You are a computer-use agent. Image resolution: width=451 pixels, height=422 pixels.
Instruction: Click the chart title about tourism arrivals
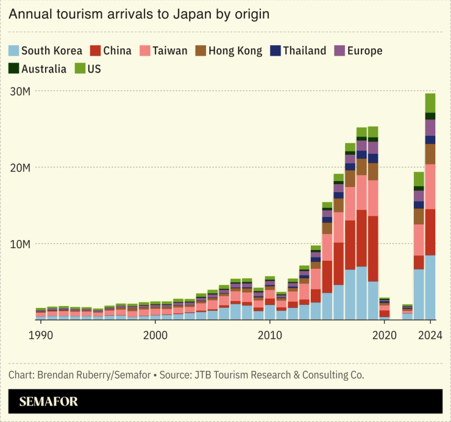click(139, 13)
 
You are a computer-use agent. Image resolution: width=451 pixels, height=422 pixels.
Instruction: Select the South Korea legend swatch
click(14, 51)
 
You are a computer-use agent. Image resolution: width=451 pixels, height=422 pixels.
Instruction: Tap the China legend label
click(117, 51)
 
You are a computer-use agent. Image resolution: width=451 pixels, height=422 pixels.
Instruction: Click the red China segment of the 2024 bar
click(430, 232)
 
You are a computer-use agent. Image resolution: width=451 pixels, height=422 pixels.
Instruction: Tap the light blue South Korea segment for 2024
click(430, 287)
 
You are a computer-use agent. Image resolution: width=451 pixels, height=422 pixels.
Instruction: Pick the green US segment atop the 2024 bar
click(430, 102)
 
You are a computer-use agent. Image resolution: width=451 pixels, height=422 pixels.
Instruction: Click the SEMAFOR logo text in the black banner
click(49, 402)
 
